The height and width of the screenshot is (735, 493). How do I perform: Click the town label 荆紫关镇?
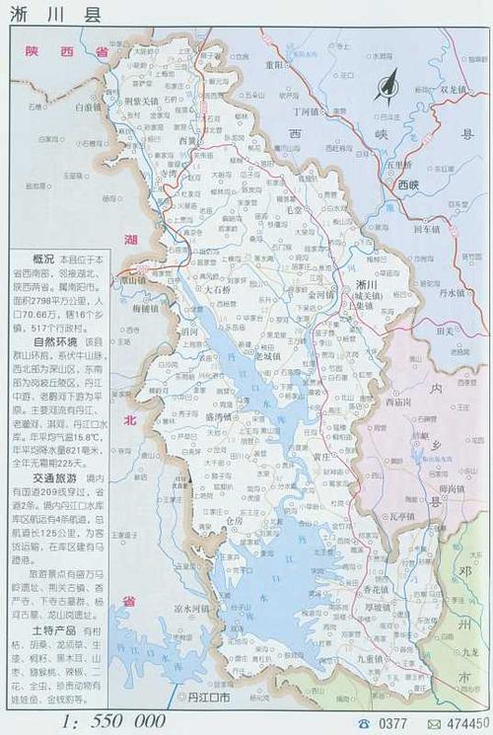pos(139,101)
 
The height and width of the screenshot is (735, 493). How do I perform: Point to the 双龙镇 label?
pos(456,90)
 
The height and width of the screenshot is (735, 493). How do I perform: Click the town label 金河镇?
pos(322,293)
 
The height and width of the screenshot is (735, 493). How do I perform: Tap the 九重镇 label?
pos(373,655)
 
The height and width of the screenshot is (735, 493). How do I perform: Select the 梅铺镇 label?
pos(145,308)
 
